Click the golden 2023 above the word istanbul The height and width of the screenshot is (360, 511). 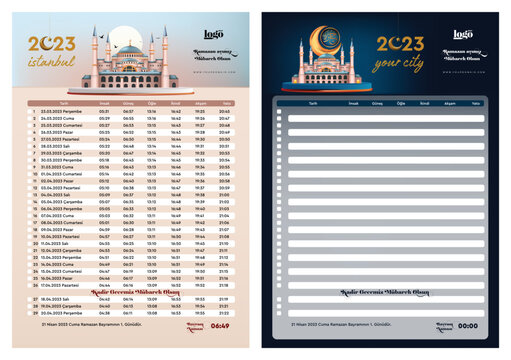51,43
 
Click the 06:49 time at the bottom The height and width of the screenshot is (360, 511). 220,325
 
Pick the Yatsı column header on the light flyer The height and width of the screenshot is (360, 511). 228,102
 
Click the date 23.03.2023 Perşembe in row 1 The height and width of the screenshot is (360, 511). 63,111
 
